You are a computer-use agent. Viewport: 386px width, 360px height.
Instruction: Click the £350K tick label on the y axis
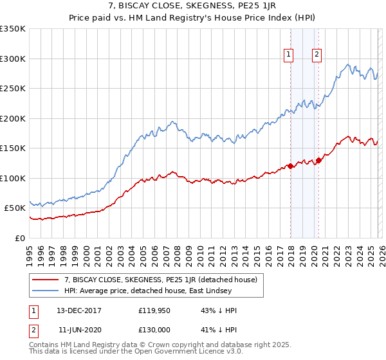[x=13, y=29]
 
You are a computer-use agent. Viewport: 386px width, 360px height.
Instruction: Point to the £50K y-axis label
[x=15, y=208]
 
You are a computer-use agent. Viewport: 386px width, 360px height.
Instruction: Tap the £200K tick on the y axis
[x=13, y=118]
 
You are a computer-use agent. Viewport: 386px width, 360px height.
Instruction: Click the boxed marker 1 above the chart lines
[x=289, y=55]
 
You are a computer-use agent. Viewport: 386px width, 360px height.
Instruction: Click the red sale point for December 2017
[x=290, y=166]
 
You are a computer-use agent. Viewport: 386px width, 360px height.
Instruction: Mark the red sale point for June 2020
[x=318, y=160]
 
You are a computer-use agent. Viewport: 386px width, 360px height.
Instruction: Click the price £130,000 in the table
[x=154, y=329]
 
